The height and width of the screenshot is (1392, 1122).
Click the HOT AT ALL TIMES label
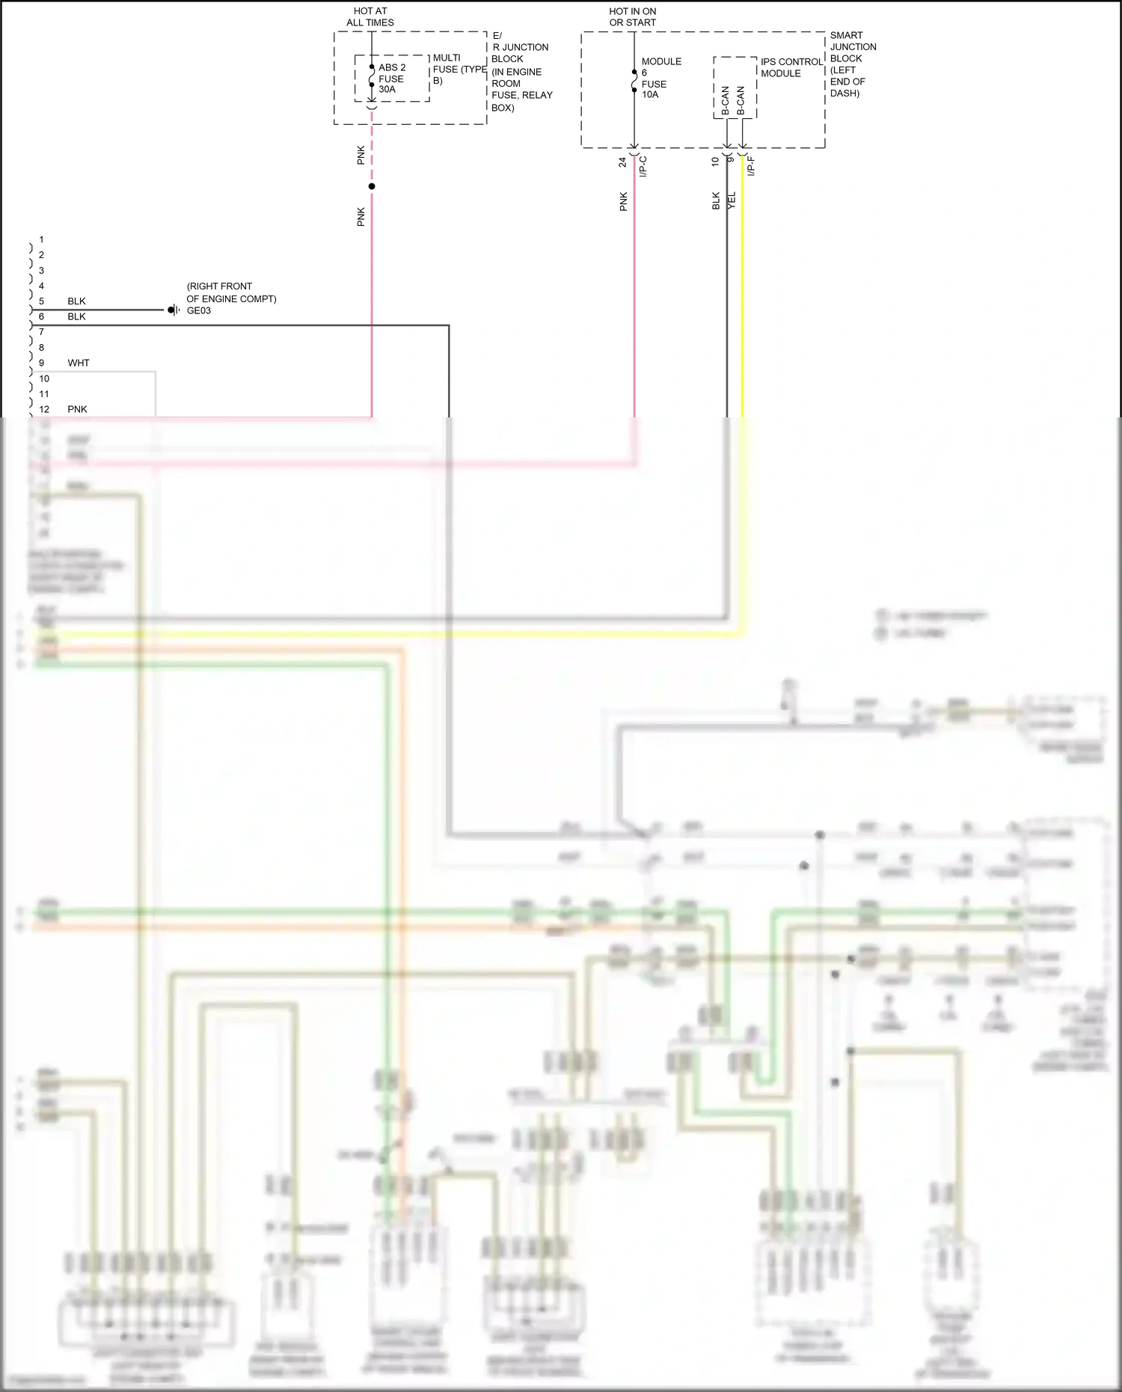[x=370, y=17]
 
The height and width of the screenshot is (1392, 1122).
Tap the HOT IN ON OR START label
[x=632, y=17]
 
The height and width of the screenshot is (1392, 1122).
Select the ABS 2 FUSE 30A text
[x=391, y=79]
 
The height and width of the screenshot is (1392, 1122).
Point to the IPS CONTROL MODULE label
[x=791, y=67]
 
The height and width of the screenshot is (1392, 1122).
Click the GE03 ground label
[x=199, y=311]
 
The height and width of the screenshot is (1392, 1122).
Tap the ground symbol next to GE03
[x=174, y=310]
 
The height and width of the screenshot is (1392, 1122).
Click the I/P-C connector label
[x=643, y=166]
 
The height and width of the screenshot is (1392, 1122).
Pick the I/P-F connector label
[x=751, y=166]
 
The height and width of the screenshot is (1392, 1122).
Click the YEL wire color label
[x=732, y=200]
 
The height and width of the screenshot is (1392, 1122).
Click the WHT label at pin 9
[x=79, y=363]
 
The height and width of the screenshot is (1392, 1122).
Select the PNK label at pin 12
[x=77, y=409]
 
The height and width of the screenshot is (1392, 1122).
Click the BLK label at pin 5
[x=76, y=301]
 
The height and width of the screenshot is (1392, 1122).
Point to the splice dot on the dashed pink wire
[x=372, y=186]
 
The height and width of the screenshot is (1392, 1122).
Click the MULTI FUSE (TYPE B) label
[x=458, y=69]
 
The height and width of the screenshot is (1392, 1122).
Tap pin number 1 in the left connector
[x=41, y=239]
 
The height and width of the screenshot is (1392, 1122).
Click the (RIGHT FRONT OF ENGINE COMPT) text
[x=231, y=292]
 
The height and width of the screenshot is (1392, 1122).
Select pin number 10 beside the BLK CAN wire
[x=715, y=161]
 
